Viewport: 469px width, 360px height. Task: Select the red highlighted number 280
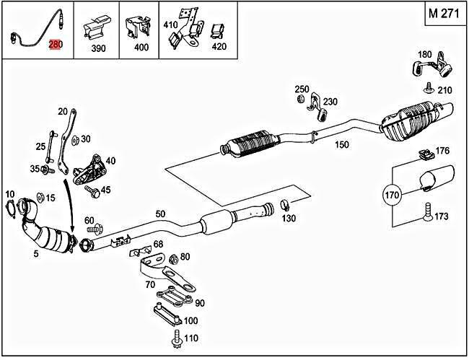[56, 45]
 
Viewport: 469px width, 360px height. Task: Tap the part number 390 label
[98, 48]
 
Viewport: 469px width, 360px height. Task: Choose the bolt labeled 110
[175, 337]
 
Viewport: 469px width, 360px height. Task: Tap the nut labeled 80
[173, 258]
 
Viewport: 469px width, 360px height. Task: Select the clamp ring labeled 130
[285, 205]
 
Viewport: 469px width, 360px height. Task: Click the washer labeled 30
[76, 139]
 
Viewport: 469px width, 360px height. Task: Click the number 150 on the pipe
[341, 145]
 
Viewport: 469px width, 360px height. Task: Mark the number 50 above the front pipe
[159, 214]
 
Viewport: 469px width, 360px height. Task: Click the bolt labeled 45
[92, 190]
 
